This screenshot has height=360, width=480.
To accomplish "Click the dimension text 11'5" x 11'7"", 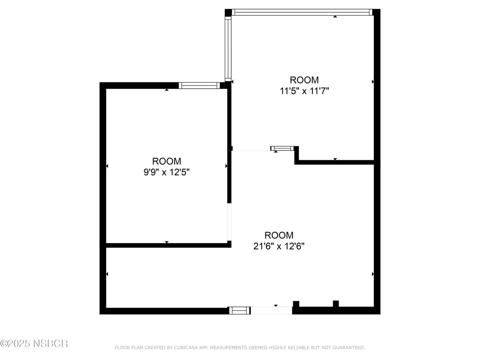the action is (x=304, y=91).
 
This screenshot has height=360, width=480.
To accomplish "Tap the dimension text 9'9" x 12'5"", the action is (x=166, y=172).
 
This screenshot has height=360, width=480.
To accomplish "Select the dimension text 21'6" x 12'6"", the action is (x=279, y=246).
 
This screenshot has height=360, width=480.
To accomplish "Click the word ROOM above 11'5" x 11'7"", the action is (x=304, y=80).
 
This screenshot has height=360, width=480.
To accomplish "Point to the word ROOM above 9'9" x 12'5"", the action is (x=166, y=161).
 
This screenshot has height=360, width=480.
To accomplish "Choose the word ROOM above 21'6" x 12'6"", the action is (x=279, y=235).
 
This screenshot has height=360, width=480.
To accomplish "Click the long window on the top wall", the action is (x=302, y=12).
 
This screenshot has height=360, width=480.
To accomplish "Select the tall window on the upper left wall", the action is (x=228, y=49).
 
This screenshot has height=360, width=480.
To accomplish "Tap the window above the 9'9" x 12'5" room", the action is (x=199, y=85).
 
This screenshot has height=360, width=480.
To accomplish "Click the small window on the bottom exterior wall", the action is (x=239, y=310).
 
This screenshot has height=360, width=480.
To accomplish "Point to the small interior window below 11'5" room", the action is (x=282, y=148).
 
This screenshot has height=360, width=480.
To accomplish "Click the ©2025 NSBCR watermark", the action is (x=34, y=343).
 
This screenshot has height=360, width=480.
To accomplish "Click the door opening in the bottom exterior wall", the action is (x=271, y=310).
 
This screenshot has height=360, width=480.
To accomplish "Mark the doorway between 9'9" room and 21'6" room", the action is (x=229, y=222).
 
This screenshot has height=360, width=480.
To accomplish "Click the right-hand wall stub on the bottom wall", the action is (x=336, y=304).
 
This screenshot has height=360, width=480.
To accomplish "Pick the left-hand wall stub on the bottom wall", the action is (x=296, y=304).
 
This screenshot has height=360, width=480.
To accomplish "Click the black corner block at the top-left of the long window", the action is (x=228, y=13).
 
